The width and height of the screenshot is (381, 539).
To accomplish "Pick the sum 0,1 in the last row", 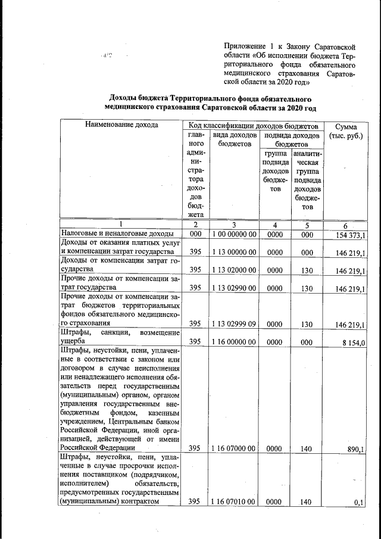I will click(x=359, y=502).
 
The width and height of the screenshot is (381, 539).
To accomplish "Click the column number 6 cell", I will click(x=346, y=225).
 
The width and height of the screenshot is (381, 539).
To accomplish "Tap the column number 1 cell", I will click(x=120, y=225).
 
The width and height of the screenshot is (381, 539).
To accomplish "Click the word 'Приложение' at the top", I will click(x=245, y=46).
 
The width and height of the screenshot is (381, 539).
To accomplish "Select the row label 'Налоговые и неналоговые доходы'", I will click(x=116, y=234).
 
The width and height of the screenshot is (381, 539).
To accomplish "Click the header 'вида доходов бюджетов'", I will click(x=234, y=139).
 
